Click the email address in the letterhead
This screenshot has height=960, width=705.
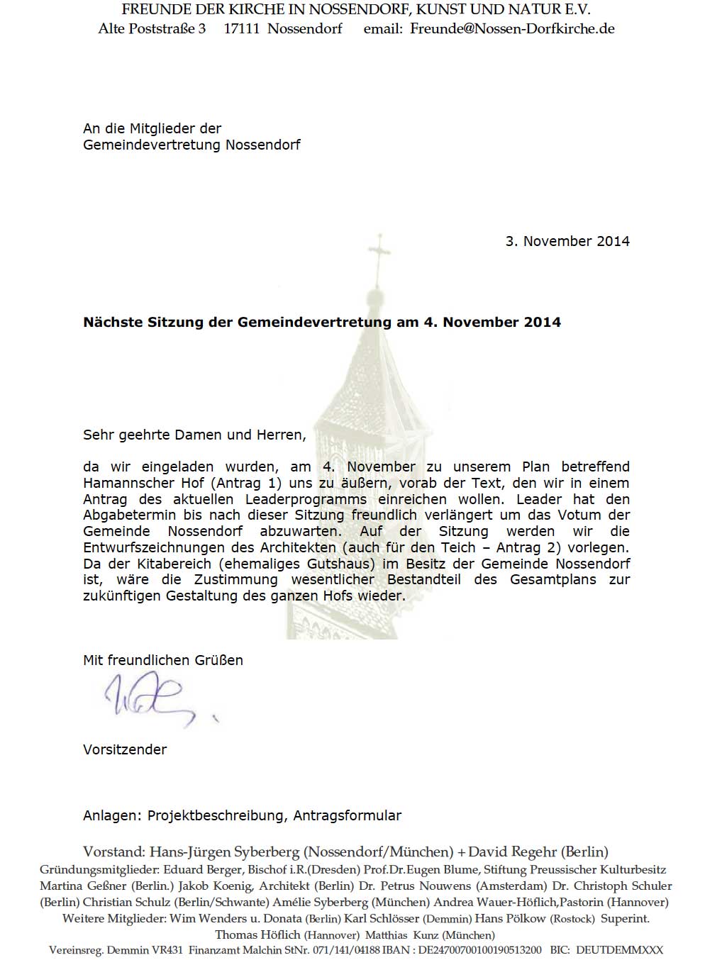[x=512, y=29]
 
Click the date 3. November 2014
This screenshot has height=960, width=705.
[x=567, y=241]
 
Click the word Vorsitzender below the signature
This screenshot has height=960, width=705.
[x=125, y=749]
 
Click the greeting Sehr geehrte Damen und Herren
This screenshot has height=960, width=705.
[x=194, y=435]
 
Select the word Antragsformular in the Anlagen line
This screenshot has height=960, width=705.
[x=348, y=815]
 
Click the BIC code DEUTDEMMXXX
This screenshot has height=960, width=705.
[x=618, y=950]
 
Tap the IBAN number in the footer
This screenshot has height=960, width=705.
[x=472, y=950]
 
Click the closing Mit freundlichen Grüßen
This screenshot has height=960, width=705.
[x=163, y=660]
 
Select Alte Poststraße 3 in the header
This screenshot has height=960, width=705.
[x=152, y=29]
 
